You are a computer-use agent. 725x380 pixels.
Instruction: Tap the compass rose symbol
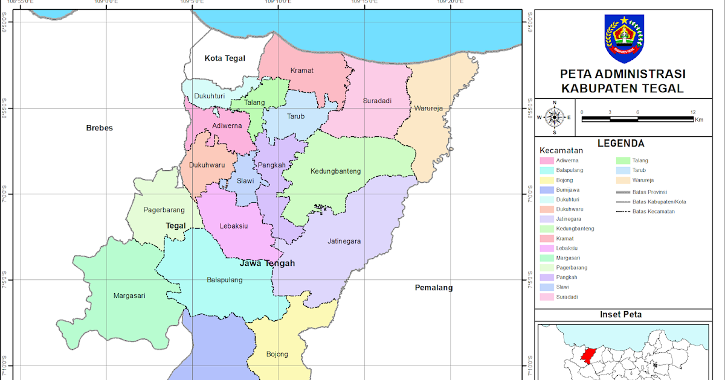(x=555, y=117)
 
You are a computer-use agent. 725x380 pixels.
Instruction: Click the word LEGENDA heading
(x=620, y=144)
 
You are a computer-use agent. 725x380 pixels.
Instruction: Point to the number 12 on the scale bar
(x=692, y=112)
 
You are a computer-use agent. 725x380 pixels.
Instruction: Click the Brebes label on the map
(x=100, y=128)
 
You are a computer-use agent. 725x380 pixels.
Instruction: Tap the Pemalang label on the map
(x=434, y=288)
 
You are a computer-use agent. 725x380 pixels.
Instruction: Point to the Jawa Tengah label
(x=267, y=264)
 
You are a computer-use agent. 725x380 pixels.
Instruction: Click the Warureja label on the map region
(x=429, y=109)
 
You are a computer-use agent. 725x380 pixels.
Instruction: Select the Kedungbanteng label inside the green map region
(x=335, y=171)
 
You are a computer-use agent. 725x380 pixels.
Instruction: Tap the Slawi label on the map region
(x=245, y=181)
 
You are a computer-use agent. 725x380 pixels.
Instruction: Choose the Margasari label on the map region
(x=129, y=296)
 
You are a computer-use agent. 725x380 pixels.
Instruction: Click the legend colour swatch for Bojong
(x=547, y=180)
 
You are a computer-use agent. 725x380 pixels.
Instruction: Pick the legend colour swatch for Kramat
(x=547, y=238)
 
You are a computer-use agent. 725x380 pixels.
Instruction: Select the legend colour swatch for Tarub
(x=623, y=171)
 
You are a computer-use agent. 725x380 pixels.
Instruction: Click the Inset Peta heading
(x=620, y=315)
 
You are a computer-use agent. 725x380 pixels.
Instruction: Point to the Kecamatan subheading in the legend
(x=561, y=150)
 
